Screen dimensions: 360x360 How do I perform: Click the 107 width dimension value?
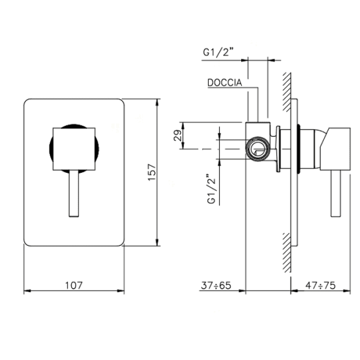pos(74,286)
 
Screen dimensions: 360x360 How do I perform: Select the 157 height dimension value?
pos(152,172)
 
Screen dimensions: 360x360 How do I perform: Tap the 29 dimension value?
pos(178,136)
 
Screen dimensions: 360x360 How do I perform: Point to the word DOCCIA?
pos(224,83)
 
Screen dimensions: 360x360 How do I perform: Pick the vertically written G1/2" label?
pos(212,189)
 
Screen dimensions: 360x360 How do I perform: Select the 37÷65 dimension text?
pos(216,286)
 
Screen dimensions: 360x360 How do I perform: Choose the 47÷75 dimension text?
pos(320,286)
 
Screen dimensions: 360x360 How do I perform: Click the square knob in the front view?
pos(74,149)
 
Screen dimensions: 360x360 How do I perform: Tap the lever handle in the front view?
pos(74,194)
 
